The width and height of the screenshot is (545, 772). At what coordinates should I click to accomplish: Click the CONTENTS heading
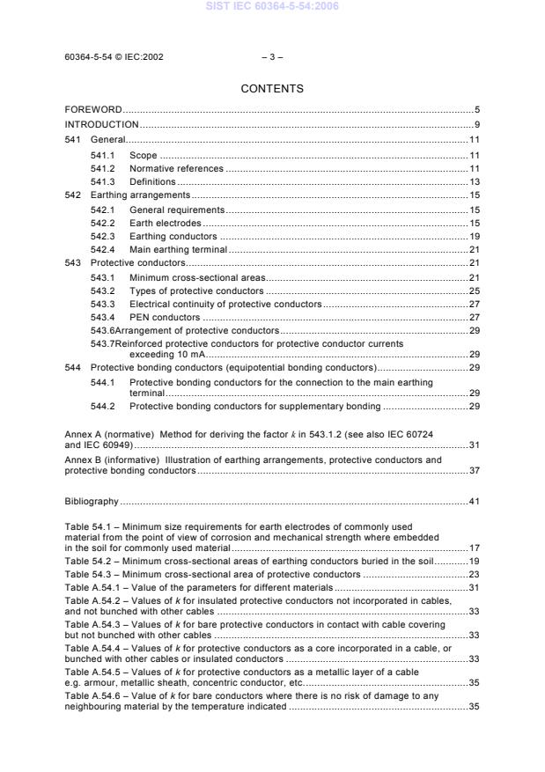point(272,89)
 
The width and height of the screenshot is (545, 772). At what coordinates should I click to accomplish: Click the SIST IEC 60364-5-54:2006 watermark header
point(272,7)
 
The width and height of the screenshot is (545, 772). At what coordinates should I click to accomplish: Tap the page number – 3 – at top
point(272,57)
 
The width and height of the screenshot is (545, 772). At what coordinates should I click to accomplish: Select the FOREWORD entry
point(93,109)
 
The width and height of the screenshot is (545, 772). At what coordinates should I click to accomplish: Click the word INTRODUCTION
point(102,124)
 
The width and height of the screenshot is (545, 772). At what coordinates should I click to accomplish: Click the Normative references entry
point(176,168)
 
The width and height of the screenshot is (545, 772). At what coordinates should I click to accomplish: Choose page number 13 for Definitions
point(474,181)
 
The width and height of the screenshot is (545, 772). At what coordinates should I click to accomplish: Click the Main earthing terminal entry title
point(178,250)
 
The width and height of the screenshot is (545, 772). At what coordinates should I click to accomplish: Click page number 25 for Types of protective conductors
point(474,290)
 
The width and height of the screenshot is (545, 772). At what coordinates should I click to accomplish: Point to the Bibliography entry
point(92,501)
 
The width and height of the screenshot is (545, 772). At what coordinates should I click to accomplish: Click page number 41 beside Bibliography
point(474,501)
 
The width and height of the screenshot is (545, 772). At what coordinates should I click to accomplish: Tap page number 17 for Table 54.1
point(474,548)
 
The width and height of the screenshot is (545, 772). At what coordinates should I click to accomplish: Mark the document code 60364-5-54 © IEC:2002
point(114,57)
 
